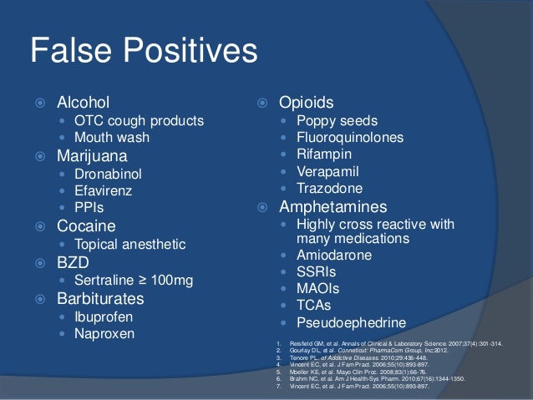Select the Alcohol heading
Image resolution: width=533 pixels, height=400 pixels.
[x=83, y=103]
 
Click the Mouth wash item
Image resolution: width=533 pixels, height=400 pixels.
[x=111, y=137]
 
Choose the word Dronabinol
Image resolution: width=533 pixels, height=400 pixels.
[x=108, y=174]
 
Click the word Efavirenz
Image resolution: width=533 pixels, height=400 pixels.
[x=104, y=190]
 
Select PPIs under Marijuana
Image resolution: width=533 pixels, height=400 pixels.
[x=89, y=207]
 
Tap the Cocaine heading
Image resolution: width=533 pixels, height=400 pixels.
[x=86, y=226]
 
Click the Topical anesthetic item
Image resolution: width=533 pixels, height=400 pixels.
[x=129, y=245]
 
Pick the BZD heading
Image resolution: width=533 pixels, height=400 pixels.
[x=73, y=262]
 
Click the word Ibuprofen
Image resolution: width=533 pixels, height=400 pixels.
[x=104, y=317]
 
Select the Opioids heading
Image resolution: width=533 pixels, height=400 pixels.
[x=307, y=103]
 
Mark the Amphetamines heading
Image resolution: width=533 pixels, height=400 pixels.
[x=333, y=206]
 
